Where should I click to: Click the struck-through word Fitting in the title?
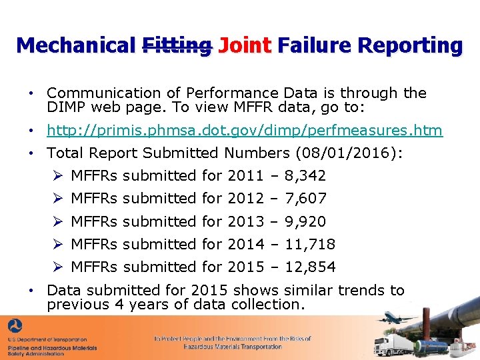(x=177, y=45)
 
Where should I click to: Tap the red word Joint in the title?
(x=245, y=45)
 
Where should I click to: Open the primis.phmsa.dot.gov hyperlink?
(x=245, y=130)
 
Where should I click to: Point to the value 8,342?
(x=305, y=176)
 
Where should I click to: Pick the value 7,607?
(x=305, y=199)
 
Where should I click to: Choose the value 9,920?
(x=305, y=221)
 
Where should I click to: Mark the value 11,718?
(x=310, y=244)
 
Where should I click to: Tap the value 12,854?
(x=310, y=267)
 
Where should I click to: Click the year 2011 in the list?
(x=245, y=176)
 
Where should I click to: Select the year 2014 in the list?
(x=245, y=244)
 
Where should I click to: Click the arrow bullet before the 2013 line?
(x=58, y=221)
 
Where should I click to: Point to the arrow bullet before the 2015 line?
(x=58, y=267)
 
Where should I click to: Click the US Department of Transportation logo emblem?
(x=15, y=328)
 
